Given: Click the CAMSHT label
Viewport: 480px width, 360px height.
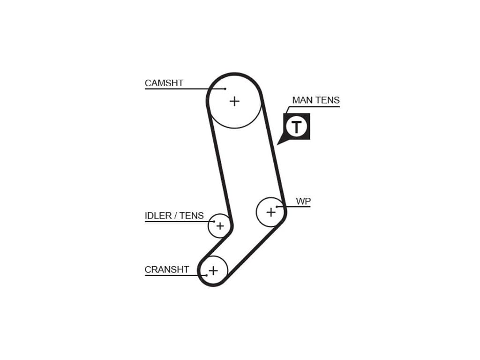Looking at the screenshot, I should point(164,83).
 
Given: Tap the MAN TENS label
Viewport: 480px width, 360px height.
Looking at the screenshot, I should point(315,100).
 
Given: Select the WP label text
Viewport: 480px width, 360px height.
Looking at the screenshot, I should point(303,202).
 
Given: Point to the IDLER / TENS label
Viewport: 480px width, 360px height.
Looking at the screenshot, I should point(174,216).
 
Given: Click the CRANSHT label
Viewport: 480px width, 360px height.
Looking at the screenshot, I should point(167,270).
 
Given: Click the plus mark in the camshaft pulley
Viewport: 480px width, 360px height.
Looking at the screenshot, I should point(234,101).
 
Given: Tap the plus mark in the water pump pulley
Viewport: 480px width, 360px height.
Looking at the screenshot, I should point(271,212).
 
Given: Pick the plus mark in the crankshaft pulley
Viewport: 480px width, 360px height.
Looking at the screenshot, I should point(213,270).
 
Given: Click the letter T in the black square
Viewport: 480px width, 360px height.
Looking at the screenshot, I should point(297,127).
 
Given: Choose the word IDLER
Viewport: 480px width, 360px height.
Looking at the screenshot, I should point(157,216).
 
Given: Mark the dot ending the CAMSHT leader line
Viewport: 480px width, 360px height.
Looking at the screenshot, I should point(225,89).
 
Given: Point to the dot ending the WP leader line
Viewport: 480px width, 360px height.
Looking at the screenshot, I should point(277,207).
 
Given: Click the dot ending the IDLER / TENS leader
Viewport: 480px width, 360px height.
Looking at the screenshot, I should point(214,221).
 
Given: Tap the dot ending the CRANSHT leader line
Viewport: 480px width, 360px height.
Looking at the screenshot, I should point(206,275).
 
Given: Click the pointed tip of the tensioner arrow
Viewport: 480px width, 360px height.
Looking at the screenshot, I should point(277,144).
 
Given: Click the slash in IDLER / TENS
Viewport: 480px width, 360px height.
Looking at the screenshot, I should point(175,216).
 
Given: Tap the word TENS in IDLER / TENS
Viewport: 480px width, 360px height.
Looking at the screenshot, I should point(192,216).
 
